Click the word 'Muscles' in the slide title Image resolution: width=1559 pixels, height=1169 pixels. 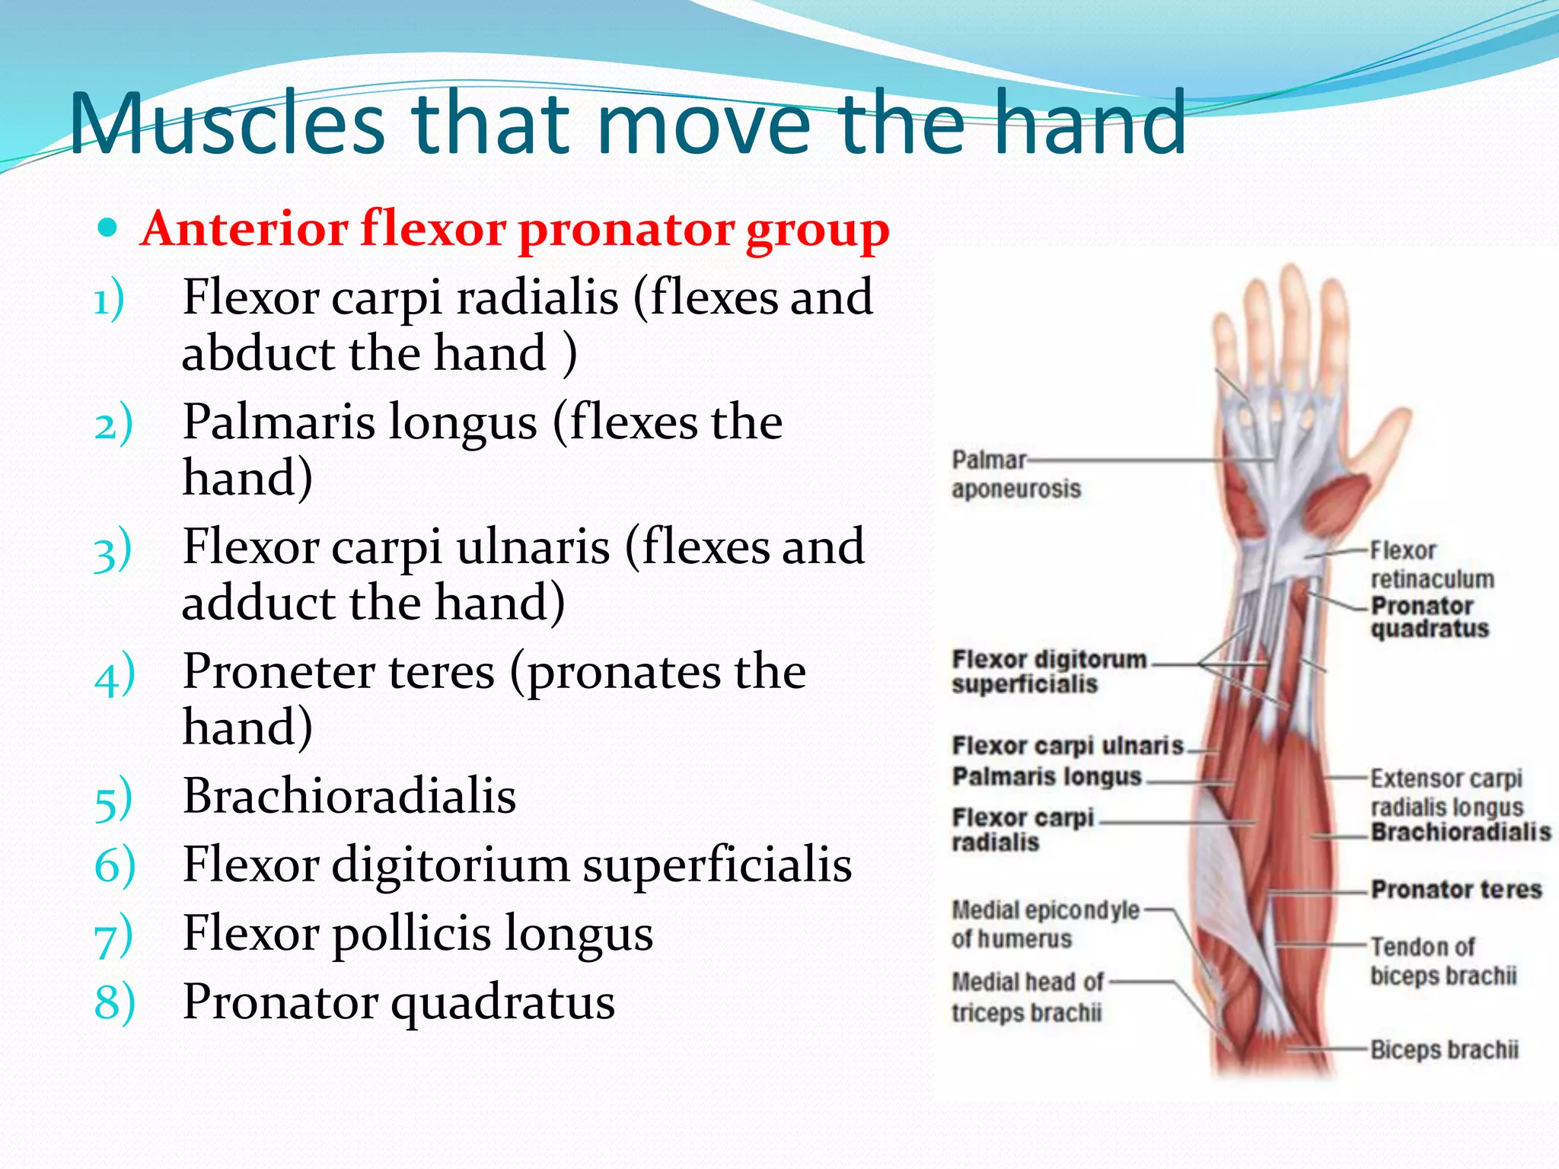tap(227, 123)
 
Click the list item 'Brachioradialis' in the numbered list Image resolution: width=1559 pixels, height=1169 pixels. tap(349, 796)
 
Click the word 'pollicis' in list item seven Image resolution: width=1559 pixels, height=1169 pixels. tap(411, 933)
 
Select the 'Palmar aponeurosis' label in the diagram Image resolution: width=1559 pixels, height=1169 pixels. tap(1015, 474)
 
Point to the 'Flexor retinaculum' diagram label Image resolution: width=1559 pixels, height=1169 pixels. tap(1431, 565)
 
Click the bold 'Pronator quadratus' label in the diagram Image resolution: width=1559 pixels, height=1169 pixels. tap(1429, 617)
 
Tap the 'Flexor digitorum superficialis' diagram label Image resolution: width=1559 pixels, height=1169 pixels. tap(1048, 671)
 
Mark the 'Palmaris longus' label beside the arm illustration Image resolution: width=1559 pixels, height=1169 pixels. tap(1047, 776)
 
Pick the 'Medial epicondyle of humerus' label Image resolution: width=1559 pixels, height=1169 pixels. tap(1044, 924)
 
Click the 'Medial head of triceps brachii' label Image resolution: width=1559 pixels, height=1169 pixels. tap(1027, 997)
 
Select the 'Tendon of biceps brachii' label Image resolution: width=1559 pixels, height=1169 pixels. tap(1443, 961)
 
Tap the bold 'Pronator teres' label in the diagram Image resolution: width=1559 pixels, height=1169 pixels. tap(1455, 889)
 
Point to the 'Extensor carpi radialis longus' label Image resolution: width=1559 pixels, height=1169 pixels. tap(1446, 792)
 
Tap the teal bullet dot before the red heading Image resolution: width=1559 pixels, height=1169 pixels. tap(108, 228)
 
